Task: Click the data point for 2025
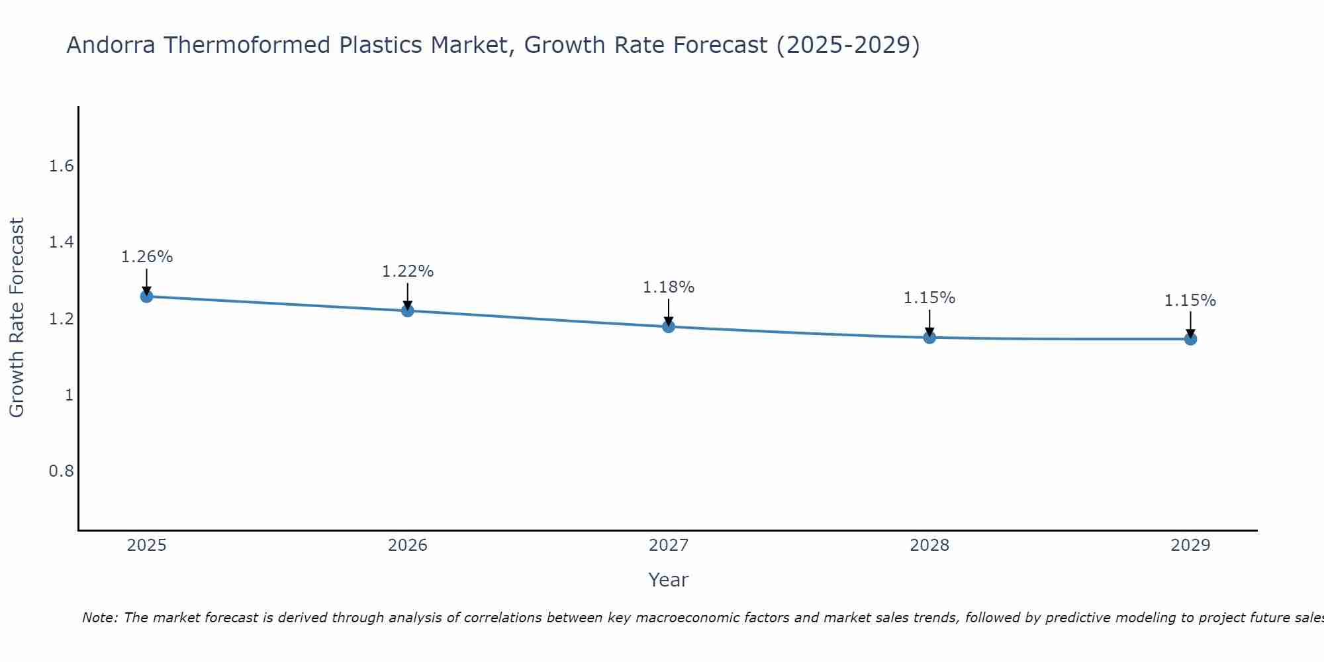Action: tap(147, 296)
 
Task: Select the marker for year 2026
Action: tap(408, 310)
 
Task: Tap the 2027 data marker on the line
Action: tap(669, 326)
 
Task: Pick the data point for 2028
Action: tap(929, 338)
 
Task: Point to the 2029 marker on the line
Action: tap(1190, 339)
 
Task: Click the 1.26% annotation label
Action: tap(147, 257)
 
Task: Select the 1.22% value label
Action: tap(408, 271)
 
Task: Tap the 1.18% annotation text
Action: tap(669, 287)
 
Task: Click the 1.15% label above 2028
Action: tap(929, 298)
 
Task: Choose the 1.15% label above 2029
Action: tap(1190, 301)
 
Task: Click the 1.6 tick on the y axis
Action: tap(62, 166)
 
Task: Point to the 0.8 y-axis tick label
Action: tap(62, 471)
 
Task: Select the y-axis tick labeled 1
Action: tap(69, 395)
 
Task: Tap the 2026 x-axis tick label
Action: tap(408, 545)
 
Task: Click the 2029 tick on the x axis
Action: tap(1190, 545)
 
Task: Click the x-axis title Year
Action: tap(669, 580)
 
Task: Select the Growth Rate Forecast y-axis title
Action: tap(17, 318)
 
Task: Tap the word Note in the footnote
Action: tap(99, 618)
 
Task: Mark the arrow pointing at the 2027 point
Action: tap(669, 311)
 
